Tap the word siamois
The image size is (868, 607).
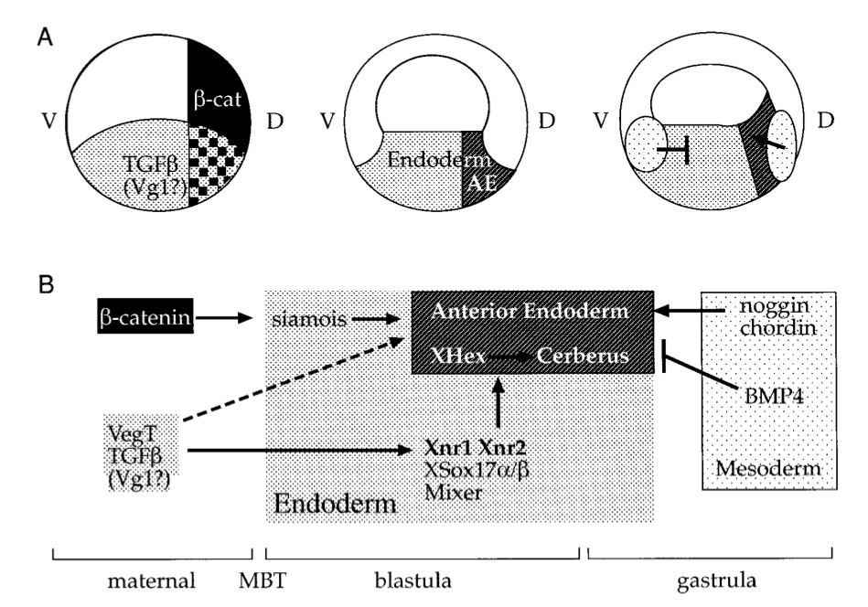pyautogui.click(x=307, y=319)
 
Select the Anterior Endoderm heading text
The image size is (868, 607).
pyautogui.click(x=530, y=312)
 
